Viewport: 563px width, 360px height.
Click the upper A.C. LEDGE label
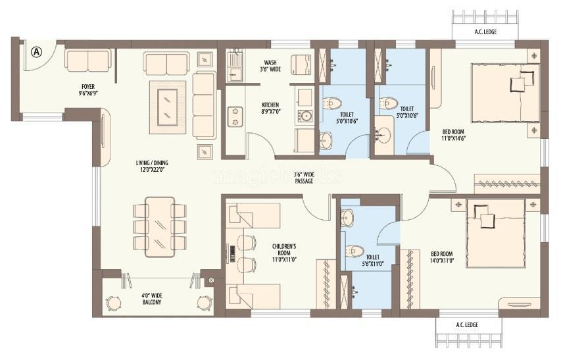(x=485, y=32)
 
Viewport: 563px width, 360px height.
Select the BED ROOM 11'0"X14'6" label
(x=454, y=135)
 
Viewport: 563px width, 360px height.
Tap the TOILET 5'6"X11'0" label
(x=372, y=260)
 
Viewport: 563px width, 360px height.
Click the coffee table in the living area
(x=168, y=107)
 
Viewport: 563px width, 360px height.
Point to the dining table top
(x=159, y=226)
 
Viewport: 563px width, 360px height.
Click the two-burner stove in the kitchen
(x=235, y=116)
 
